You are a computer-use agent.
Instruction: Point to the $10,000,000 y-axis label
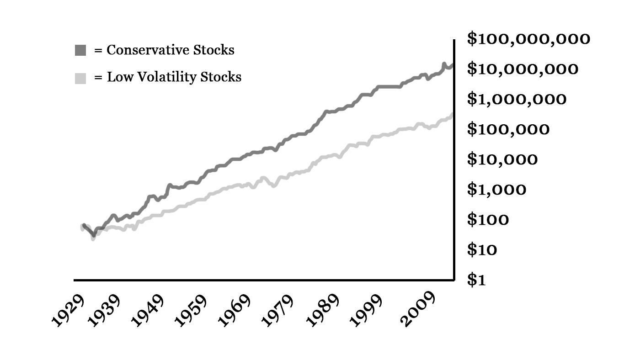coord(523,69)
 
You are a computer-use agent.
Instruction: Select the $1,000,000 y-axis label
coord(517,99)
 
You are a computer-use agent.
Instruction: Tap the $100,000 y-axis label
coord(508,129)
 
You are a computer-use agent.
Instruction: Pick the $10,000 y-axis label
coord(502,159)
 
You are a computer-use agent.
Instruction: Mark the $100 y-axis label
coord(488,220)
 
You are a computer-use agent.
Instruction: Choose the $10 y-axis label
coord(482,250)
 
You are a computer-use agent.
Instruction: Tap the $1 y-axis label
coord(476,280)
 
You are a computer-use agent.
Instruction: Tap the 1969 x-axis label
coord(235,311)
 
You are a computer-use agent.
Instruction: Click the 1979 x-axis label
coord(278,311)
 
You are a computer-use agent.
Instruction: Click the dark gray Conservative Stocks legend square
coord(80,51)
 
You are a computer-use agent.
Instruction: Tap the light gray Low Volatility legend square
coord(80,78)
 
